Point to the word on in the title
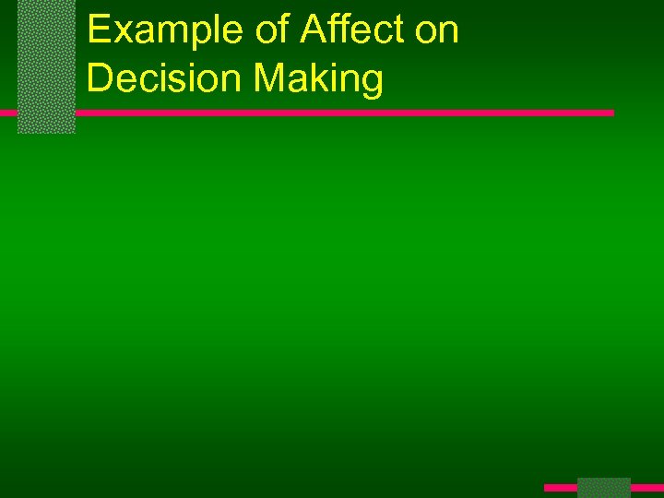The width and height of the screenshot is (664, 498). pos(437,30)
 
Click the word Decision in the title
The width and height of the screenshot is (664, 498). pos(162,78)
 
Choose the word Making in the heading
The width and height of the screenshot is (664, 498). pos(317,78)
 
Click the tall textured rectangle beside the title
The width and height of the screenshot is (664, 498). pos(46,66)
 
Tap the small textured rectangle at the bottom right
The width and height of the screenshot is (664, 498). pos(604,488)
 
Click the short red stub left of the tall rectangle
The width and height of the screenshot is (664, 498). pos(8,113)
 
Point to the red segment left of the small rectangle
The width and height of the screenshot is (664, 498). pos(560,487)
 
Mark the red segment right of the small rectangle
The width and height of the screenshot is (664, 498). pos(647,487)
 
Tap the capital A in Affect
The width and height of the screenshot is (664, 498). pos(312,30)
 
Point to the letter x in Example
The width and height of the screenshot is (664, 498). pos(125,34)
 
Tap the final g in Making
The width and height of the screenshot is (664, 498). pos(372,83)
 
